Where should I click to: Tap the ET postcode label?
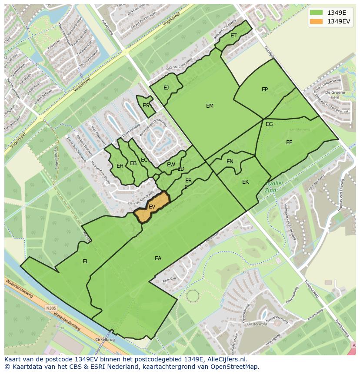click(x=233, y=36)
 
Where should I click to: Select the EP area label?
click(x=265, y=89)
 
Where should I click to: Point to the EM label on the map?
click(x=210, y=106)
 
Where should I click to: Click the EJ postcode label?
click(x=166, y=88)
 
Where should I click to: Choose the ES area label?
click(x=146, y=106)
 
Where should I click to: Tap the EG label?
click(x=269, y=124)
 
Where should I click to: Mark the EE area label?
click(x=289, y=142)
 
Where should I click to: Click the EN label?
click(x=230, y=162)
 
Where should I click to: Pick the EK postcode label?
click(x=245, y=182)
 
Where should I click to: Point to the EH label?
click(x=120, y=165)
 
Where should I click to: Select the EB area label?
click(x=133, y=163)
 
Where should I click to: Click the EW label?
click(x=171, y=165)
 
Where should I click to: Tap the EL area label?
click(x=86, y=261)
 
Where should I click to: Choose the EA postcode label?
click(x=158, y=258)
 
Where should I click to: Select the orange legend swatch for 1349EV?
click(x=317, y=21)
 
